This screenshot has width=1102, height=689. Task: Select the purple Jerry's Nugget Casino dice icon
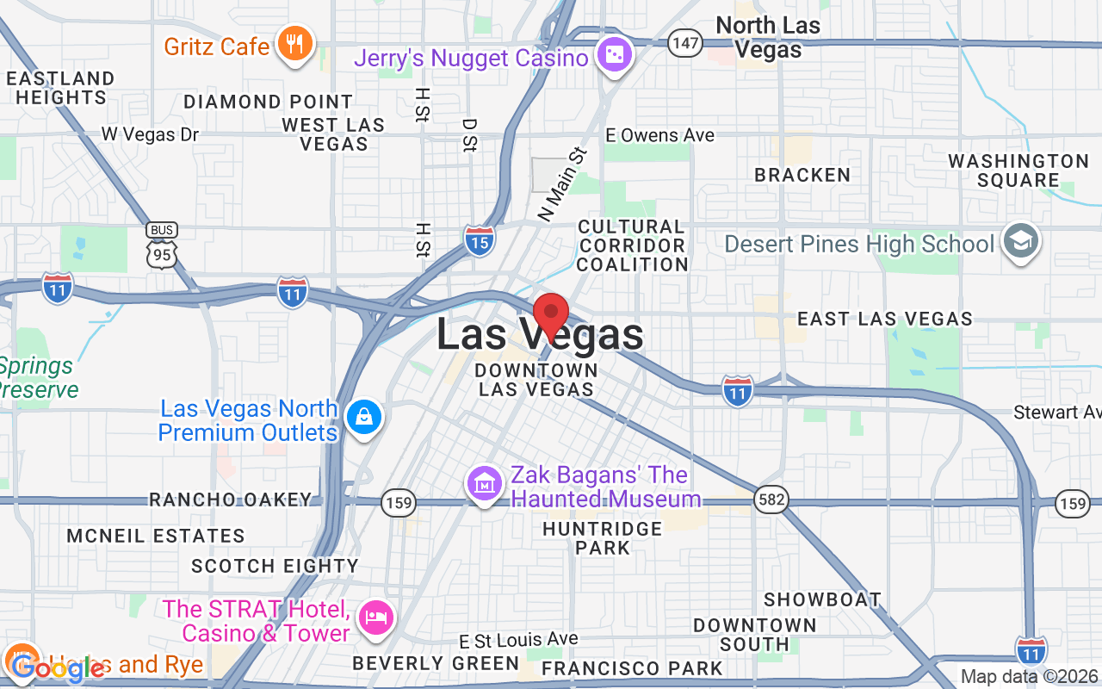(615, 55)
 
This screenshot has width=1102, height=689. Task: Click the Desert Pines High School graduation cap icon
(1022, 243)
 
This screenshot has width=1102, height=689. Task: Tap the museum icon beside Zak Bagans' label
(485, 484)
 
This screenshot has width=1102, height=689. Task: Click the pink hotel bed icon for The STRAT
(376, 618)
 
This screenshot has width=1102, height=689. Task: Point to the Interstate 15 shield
(480, 241)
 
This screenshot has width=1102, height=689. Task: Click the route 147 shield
(685, 42)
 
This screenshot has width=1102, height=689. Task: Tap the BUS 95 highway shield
(162, 246)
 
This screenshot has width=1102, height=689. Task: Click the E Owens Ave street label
(659, 135)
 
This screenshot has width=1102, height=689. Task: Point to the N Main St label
(562, 184)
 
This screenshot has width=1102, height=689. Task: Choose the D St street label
(468, 135)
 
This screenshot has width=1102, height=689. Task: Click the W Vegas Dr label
(150, 134)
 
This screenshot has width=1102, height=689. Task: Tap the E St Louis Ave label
(518, 640)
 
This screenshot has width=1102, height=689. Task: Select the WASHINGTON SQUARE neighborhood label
(1018, 171)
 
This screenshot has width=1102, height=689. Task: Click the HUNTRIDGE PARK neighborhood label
(603, 537)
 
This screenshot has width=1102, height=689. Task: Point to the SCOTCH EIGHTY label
(275, 566)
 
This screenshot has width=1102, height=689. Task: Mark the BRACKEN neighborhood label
(802, 175)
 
